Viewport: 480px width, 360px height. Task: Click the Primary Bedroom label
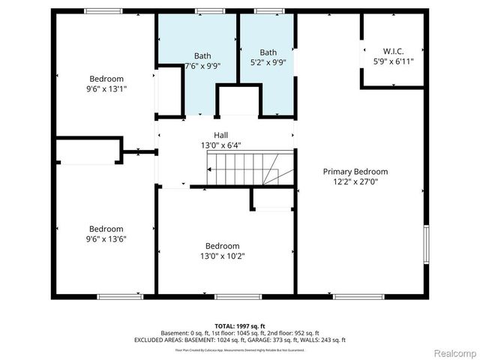[355, 171]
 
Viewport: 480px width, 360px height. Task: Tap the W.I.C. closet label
[393, 51]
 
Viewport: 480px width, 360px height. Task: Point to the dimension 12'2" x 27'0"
[355, 181]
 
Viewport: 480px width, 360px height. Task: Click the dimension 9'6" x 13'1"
[106, 88]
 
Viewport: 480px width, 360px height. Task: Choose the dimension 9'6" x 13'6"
[106, 239]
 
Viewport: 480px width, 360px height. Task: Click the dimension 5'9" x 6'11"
[393, 61]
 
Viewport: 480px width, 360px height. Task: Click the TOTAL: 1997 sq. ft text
[239, 325]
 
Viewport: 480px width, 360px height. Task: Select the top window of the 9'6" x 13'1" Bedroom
[103, 10]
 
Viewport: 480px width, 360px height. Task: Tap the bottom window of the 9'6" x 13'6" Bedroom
[120, 296]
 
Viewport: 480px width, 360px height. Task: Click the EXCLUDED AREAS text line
[239, 340]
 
